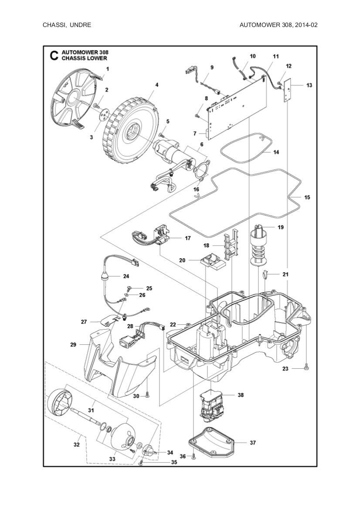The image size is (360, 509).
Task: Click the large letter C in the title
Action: pyautogui.click(x=53, y=56)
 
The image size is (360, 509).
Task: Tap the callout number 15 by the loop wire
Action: pyautogui.click(x=307, y=197)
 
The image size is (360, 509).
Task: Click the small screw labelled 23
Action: pyautogui.click(x=306, y=368)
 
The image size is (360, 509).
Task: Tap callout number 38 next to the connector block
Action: pyautogui.click(x=241, y=395)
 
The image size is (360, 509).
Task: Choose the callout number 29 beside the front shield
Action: pyautogui.click(x=73, y=344)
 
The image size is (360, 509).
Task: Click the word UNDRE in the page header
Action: pyautogui.click(x=79, y=25)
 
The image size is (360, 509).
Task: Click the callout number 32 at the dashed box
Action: pyautogui.click(x=77, y=445)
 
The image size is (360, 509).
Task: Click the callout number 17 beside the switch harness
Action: pyautogui.click(x=187, y=238)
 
